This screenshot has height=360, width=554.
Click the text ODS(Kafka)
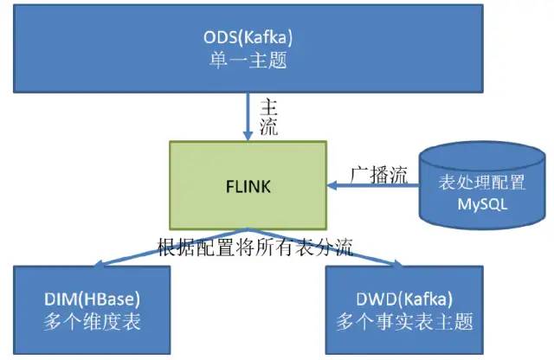tap(248, 37)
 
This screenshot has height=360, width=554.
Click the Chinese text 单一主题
tap(248, 60)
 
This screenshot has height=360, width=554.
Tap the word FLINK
tap(248, 187)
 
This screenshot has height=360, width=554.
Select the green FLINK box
tap(248, 185)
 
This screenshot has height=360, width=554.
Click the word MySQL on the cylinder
tap(482, 204)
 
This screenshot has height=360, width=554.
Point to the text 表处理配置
tap(482, 183)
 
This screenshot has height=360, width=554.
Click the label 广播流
tap(379, 175)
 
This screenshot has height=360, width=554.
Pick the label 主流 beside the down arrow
tap(268, 118)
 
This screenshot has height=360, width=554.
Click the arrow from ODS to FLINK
tap(248, 117)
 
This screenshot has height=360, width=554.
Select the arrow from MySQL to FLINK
tap(373, 185)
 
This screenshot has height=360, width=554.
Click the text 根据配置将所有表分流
tap(255, 247)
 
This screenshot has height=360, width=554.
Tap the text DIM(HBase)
tap(92, 299)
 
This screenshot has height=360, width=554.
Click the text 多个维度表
tap(92, 322)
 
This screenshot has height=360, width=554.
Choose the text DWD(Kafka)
tap(404, 299)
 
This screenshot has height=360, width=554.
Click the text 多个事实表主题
tap(404, 322)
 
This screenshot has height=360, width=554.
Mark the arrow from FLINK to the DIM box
tap(170, 247)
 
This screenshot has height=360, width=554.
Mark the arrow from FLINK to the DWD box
tap(325, 247)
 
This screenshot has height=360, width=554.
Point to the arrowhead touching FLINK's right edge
tap(332, 185)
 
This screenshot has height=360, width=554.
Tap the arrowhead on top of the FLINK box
tap(248, 136)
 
